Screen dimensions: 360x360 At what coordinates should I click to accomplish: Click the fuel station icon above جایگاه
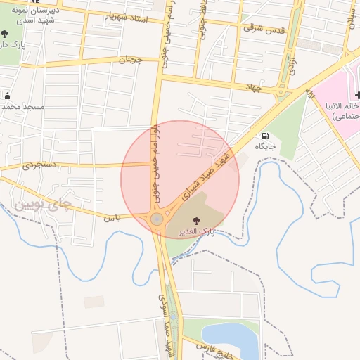coord(264,136)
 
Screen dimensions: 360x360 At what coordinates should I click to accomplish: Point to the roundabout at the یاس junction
coord(156,219)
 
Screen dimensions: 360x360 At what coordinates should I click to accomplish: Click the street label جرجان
coord(131,61)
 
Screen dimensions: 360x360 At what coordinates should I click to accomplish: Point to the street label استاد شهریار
coord(126,16)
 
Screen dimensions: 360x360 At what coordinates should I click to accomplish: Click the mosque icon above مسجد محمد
coord(8,96)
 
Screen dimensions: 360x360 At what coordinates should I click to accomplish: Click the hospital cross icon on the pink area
coord(357,94)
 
